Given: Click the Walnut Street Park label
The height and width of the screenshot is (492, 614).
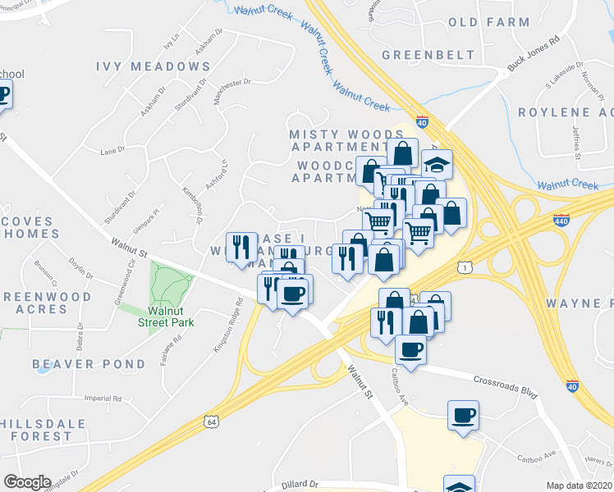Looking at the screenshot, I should [171, 317].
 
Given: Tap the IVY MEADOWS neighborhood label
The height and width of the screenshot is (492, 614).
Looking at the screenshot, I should [153, 66].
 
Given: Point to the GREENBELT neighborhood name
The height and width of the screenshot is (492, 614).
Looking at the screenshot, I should [428, 55].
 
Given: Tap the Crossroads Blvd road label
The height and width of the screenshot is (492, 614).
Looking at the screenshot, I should [506, 384].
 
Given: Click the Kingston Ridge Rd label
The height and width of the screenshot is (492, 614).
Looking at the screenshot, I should [229, 326].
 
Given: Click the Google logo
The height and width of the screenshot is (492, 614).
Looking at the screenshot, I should [27, 482].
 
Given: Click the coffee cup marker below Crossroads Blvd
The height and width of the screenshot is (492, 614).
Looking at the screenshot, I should [464, 414].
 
